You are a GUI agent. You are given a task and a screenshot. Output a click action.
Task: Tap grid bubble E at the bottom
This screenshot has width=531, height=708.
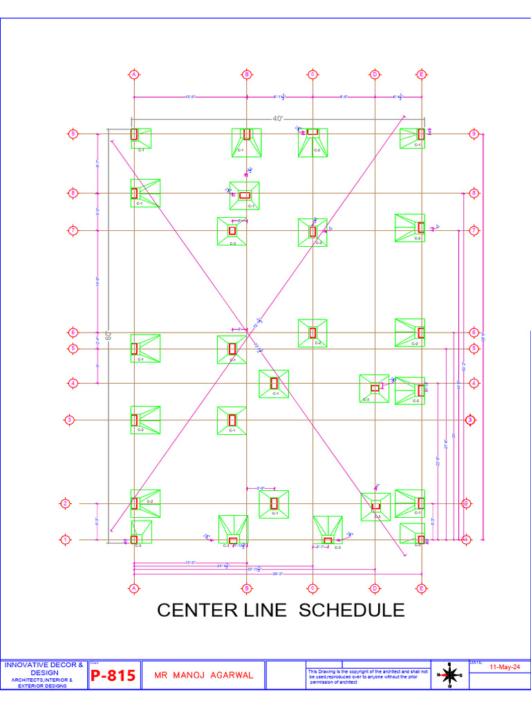421,588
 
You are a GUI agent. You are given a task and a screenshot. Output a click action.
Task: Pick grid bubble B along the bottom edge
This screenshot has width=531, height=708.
246,588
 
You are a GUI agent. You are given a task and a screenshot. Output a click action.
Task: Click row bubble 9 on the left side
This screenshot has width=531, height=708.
73,133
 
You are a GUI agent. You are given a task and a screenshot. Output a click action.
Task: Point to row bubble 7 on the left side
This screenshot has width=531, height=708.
73,230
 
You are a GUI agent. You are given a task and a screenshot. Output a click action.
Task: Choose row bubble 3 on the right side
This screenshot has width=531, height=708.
470,420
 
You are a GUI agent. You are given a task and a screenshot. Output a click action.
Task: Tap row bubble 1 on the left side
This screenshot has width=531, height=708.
66,539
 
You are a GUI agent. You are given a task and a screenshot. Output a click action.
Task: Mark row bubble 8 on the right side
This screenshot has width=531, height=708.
474,193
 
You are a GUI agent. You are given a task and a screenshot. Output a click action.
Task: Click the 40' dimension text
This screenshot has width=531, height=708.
278,119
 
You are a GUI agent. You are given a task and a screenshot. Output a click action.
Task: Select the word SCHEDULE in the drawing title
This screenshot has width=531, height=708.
352,611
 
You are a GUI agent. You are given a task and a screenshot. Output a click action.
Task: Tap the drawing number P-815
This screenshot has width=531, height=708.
113,676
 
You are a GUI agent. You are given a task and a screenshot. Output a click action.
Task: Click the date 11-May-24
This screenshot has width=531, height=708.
504,667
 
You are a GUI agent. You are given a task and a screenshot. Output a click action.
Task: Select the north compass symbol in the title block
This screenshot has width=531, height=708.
449,676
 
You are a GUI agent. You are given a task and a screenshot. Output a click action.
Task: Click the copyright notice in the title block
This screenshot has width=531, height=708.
368,676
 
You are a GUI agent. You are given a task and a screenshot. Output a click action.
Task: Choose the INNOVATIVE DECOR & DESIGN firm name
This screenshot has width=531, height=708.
44,669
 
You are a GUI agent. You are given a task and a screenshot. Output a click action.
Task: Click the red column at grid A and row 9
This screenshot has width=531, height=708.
135,134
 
